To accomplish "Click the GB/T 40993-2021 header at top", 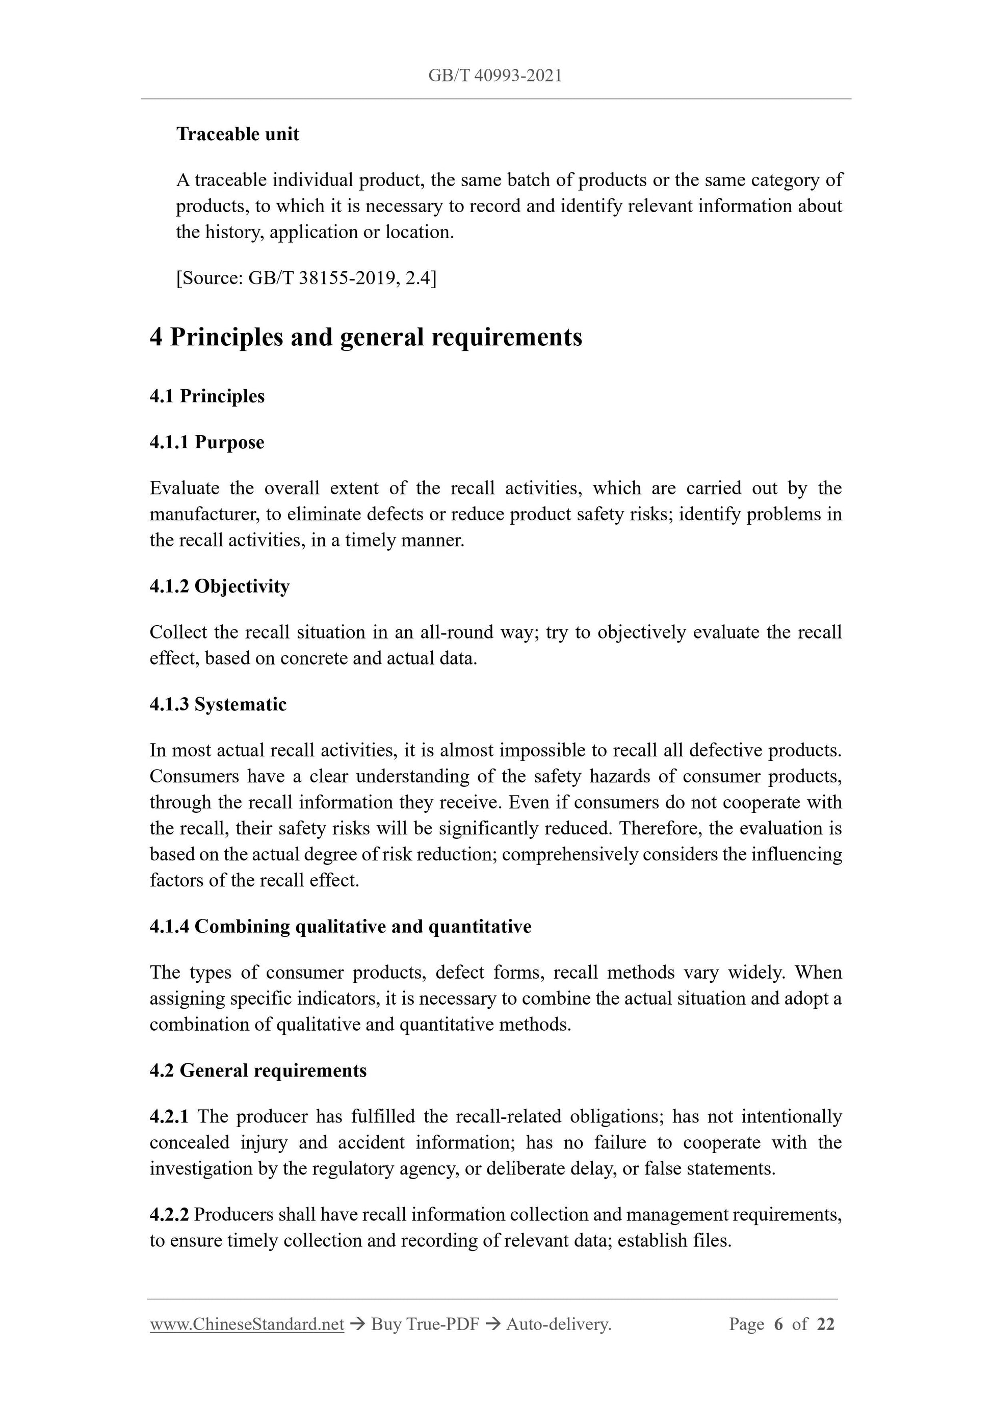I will [x=495, y=76].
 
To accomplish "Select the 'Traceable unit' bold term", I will [x=238, y=134].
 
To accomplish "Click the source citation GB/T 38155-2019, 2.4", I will [x=306, y=278].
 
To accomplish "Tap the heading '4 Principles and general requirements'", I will [x=366, y=337].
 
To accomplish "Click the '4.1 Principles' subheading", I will [x=206, y=396].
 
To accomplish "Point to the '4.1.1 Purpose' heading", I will [x=206, y=442].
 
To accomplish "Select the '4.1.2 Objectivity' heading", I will [x=219, y=586].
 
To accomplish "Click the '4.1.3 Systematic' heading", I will [x=218, y=704].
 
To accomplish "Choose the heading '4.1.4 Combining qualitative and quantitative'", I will [x=340, y=927].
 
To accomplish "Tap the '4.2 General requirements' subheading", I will [x=258, y=1070].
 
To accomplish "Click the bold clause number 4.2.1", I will [x=169, y=1116].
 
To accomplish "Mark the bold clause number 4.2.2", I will [x=169, y=1214].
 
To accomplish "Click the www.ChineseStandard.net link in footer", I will [x=247, y=1324].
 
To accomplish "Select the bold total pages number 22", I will [x=825, y=1324].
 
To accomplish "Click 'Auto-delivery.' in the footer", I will [x=559, y=1324].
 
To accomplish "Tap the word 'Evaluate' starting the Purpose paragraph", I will [x=185, y=488].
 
